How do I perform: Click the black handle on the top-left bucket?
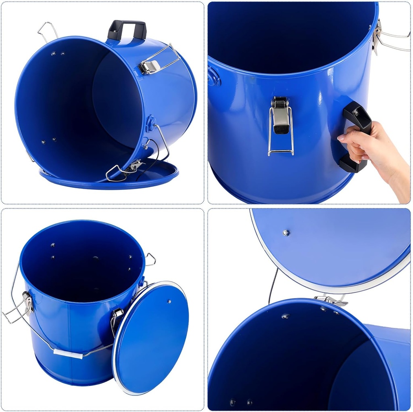pyautogui.click(x=127, y=28)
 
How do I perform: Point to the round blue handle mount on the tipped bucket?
pyautogui.click(x=151, y=122)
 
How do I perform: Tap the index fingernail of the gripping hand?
pyautogui.click(x=341, y=138)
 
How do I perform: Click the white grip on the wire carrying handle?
pyautogui.click(x=68, y=354)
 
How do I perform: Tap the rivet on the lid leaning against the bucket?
pyautogui.click(x=169, y=301)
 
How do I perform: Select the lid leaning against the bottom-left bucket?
pyautogui.click(x=151, y=337)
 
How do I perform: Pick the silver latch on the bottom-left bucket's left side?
pyautogui.click(x=27, y=304)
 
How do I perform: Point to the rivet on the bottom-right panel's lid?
pyautogui.click(x=286, y=233)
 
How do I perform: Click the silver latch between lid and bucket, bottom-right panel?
pyautogui.click(x=331, y=300)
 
